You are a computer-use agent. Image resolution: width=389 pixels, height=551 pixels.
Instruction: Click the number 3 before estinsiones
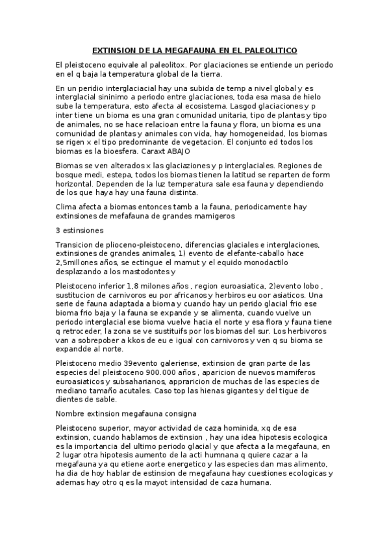58,230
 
